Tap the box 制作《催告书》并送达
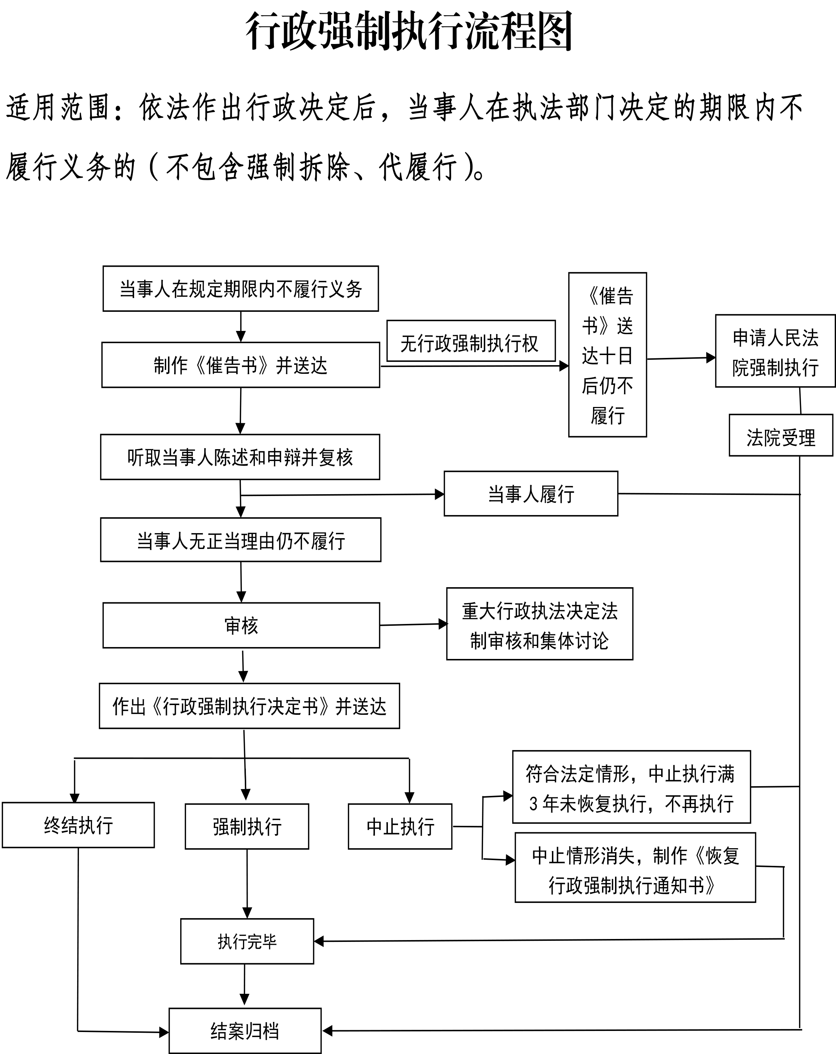pos(240,365)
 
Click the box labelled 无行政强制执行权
pos(470,342)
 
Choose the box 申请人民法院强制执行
pos(775,351)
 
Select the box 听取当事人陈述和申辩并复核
pos(240,457)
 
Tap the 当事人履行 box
pos(530,494)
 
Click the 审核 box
pos(241,625)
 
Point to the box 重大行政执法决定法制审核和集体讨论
pos(539,624)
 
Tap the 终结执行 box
pos(78,825)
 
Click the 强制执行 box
pos(247,827)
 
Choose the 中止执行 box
pos(400,827)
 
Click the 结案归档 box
pos(245,1031)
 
